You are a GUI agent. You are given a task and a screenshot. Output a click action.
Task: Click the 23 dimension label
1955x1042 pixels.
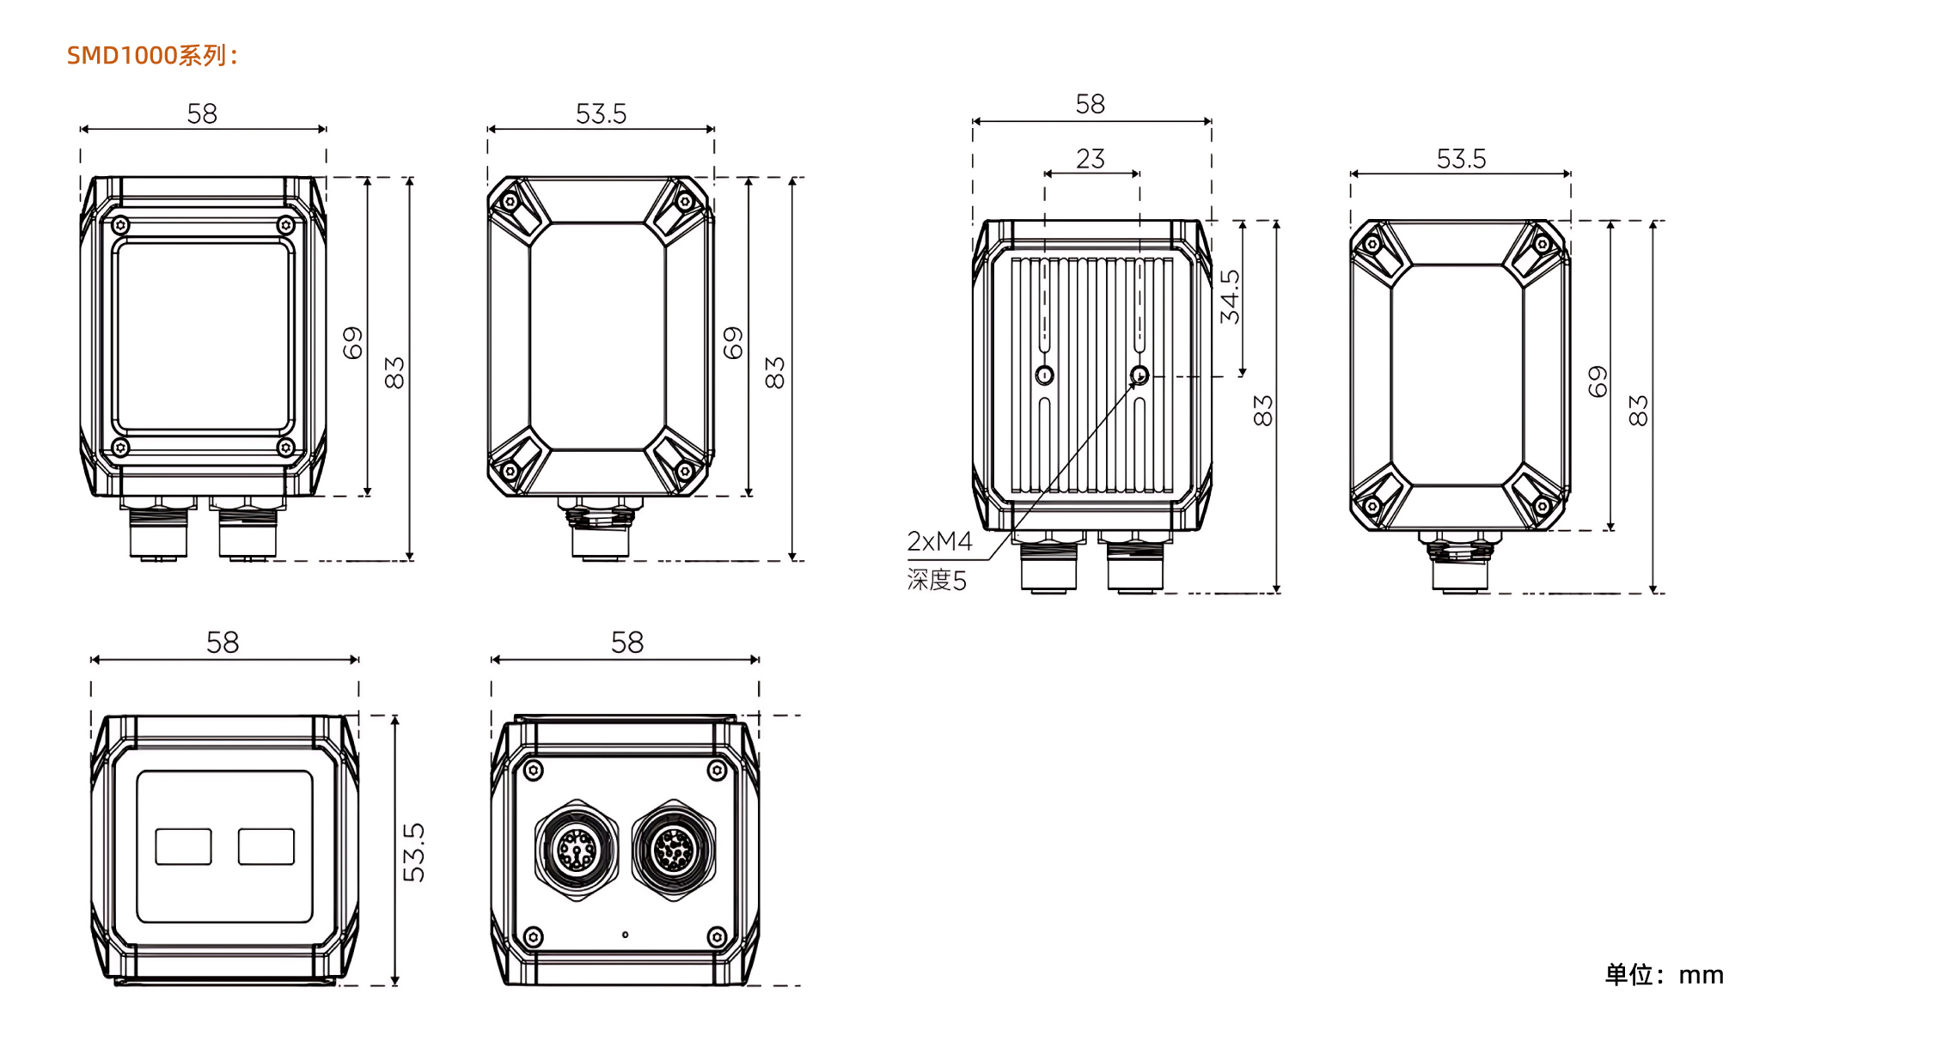coord(1091,159)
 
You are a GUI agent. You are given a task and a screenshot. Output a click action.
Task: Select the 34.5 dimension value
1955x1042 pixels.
coord(1231,297)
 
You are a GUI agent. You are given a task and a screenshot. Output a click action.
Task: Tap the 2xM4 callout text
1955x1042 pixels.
coord(939,541)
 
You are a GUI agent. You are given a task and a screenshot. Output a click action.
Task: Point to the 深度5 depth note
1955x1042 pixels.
coord(937,580)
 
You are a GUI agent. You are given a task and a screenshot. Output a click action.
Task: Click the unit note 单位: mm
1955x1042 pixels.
coord(1665,974)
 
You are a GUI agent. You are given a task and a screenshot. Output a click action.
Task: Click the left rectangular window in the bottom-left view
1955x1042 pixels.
coord(183,846)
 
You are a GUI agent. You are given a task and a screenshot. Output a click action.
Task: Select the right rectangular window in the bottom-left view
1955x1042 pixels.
coord(266,846)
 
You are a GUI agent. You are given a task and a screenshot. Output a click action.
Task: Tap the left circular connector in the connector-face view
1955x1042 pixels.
coord(577,850)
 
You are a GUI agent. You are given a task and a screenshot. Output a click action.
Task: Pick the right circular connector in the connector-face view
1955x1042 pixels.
coord(675,850)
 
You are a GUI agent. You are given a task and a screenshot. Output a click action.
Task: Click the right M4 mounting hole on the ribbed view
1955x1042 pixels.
coord(1139,375)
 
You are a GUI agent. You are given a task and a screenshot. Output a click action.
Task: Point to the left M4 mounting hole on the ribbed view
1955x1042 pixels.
coord(1045,375)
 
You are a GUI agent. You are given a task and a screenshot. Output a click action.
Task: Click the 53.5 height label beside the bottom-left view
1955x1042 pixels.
coord(413,852)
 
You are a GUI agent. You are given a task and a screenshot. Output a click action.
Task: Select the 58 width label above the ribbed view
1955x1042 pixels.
coord(1091,105)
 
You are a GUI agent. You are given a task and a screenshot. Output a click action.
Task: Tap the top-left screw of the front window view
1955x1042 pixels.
coord(120,225)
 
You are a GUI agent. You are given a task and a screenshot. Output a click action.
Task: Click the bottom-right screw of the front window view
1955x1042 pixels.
coord(286,448)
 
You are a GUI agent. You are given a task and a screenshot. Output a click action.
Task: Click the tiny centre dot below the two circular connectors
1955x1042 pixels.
coord(625,935)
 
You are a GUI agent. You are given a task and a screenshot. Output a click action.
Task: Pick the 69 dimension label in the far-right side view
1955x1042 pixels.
coord(1598,381)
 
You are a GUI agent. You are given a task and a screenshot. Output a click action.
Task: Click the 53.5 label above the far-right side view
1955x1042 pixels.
coord(1461,159)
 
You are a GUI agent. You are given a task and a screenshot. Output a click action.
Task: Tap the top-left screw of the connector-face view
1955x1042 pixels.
coord(533,771)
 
